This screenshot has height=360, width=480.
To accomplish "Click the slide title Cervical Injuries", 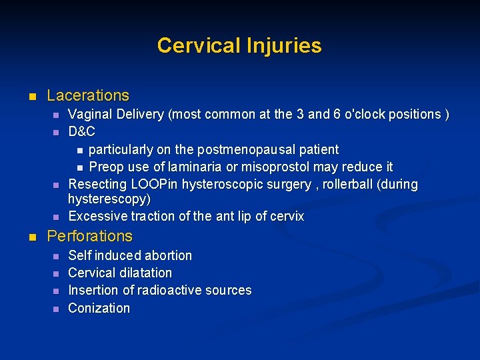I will (239, 45).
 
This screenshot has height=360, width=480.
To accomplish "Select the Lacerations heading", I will (88, 96).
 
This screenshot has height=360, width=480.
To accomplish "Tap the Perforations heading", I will (90, 236).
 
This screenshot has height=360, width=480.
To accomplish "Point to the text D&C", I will (82, 131).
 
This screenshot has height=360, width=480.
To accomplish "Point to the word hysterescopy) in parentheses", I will (109, 199).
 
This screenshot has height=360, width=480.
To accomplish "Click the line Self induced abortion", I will (130, 255).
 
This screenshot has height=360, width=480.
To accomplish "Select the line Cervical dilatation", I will (120, 273).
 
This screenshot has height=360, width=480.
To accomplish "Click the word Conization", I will (99, 308).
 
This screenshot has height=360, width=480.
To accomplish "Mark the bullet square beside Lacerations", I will (31, 97).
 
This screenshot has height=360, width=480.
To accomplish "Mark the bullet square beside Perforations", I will (31, 237).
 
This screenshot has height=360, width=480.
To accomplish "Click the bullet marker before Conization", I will (56, 309).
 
